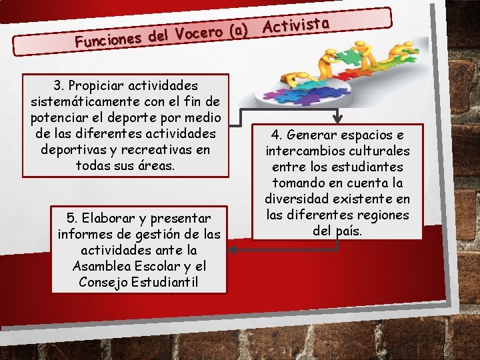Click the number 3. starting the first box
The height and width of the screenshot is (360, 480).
coord(61,85)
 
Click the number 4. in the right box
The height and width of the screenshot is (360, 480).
coord(278,135)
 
